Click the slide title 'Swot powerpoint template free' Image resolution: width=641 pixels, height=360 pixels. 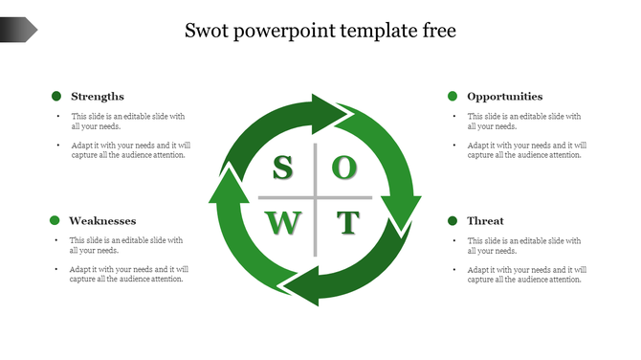tap(320, 31)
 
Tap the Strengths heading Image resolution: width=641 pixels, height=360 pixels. tap(98, 97)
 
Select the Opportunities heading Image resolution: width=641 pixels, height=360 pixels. tap(504, 97)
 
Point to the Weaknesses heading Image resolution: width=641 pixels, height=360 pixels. tap(102, 221)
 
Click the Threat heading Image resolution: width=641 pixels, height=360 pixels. tap(485, 221)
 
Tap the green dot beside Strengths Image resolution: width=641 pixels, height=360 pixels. tap(56, 96)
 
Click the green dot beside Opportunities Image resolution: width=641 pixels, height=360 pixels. tap(452, 96)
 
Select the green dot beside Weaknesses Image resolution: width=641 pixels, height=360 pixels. tap(55, 220)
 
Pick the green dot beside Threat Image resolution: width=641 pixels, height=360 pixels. tap(452, 221)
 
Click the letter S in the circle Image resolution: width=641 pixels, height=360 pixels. tap(282, 169)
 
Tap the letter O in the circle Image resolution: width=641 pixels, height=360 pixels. tap(345, 169)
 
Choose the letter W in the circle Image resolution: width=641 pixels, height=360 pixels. tap(282, 224)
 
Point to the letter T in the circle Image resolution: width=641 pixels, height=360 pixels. tap(346, 224)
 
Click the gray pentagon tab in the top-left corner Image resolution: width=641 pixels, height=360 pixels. tap(18, 30)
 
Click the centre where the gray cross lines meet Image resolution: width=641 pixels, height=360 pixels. tap(315, 196)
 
